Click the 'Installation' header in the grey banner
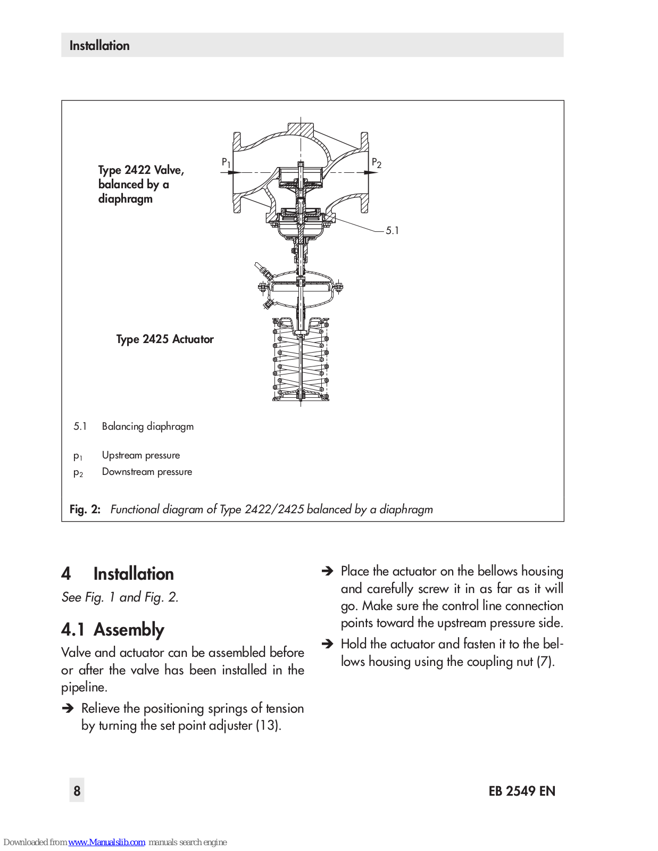99,46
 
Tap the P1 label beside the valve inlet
226,162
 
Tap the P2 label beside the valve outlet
376,163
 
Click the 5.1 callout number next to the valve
392,230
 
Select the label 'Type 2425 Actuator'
165,339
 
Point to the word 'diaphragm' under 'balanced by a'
126,199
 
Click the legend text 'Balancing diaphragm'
147,427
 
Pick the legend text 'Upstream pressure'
140,455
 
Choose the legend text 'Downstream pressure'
147,472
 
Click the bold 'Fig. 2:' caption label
85,510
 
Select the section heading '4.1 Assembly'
113,630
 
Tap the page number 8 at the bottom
77,790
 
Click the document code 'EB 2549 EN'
522,791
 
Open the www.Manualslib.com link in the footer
106,842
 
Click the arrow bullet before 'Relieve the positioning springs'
68,708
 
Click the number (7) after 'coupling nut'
545,662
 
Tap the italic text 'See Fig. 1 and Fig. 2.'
120,597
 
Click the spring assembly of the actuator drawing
301,362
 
